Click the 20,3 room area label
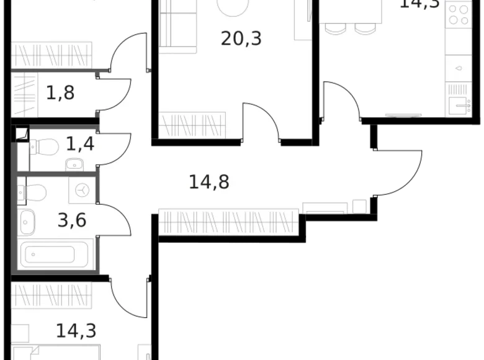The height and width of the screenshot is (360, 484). pos(241,39)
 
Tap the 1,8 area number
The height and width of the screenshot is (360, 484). pos(60,93)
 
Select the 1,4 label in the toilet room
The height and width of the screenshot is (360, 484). pos(80,145)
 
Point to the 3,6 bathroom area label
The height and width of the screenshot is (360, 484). pos(72,220)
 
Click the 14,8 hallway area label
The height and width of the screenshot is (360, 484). pos(209,182)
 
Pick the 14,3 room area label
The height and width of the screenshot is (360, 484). pos(76,330)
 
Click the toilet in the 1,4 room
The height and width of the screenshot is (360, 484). pos(44,147)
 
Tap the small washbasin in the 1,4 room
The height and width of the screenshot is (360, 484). pos(73,164)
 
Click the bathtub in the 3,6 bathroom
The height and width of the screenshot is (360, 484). pos(48,255)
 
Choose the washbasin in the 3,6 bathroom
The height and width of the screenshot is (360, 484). pos(27,222)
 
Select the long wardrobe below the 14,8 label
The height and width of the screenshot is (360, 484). pos(228,222)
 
